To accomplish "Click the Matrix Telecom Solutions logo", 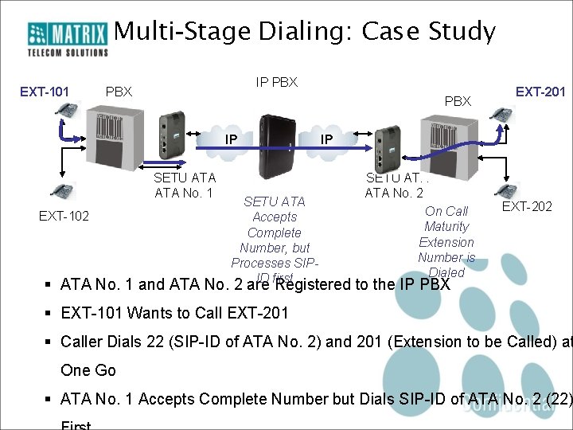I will click(68, 39).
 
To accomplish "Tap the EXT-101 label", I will click(44, 92).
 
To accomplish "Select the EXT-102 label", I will click(64, 216).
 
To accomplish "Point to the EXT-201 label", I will click(540, 92).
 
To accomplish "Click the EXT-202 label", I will click(527, 207).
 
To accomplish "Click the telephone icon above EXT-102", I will click(60, 192).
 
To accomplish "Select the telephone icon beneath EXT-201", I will click(501, 114).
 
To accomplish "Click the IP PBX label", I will click(276, 82).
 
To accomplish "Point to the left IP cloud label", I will click(231, 140).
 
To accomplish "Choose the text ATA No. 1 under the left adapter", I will click(183, 192).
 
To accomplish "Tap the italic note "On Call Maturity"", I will click(446, 219).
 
